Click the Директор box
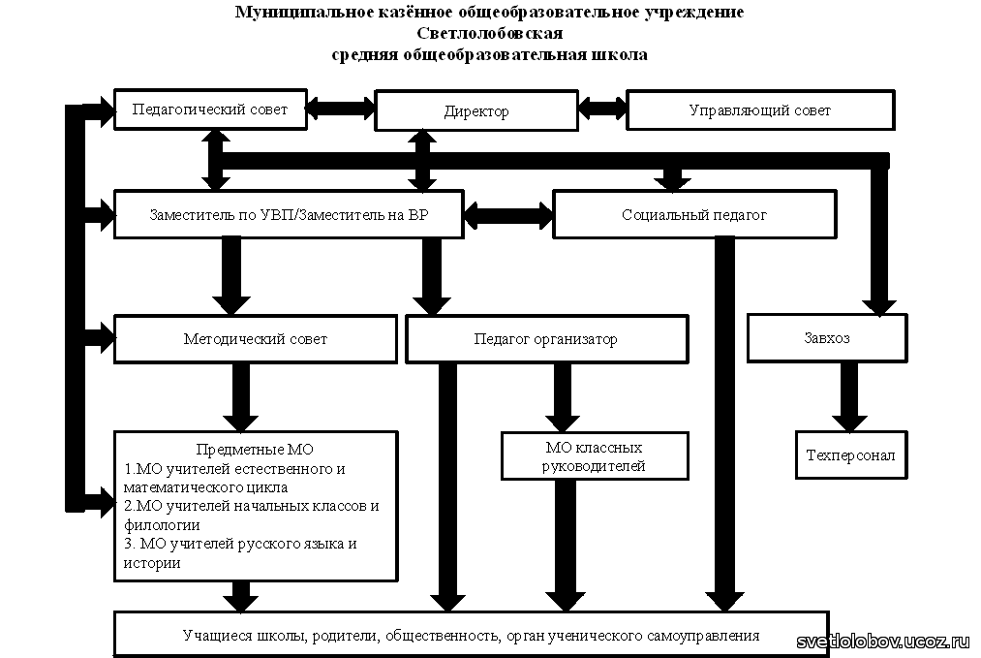coord(476,110)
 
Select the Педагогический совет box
coord(210,110)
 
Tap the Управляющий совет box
coord(760,110)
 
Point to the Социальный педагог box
coord(694,215)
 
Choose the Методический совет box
coord(256,339)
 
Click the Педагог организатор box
coord(547,339)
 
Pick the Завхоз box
coord(827,338)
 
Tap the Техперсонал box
coord(851,455)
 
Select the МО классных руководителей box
coord(595,455)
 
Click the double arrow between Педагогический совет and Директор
coord(341,108)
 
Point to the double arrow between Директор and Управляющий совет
coord(602,107)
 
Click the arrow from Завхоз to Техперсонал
coord(849,397)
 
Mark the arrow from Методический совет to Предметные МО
coord(241,397)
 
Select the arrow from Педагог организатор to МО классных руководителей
coord(563,397)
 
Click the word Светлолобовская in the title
coord(489,33)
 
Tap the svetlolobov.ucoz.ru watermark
coord(882,642)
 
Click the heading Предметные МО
coord(255,450)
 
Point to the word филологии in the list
coord(162,525)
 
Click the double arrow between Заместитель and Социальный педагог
coord(508,215)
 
